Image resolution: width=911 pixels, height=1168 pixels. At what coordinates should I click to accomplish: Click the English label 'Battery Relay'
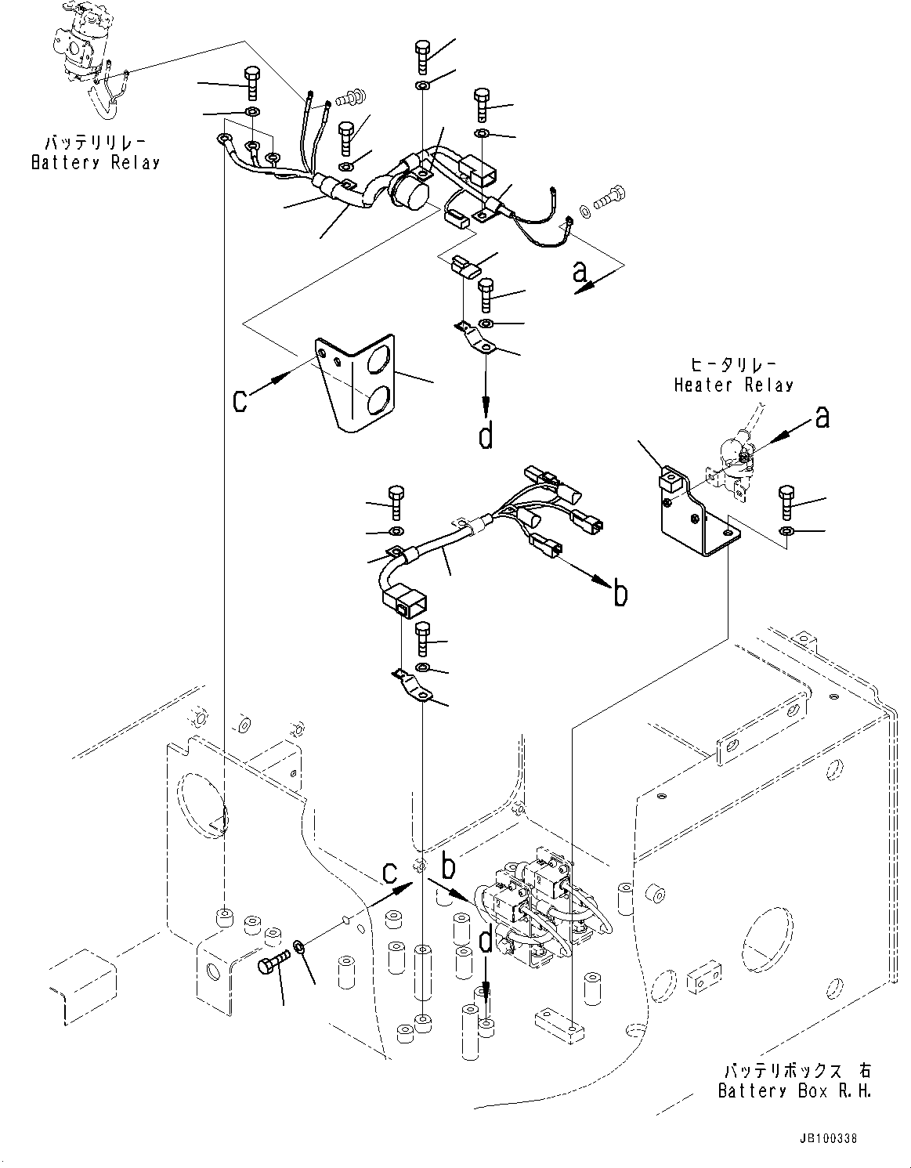96,163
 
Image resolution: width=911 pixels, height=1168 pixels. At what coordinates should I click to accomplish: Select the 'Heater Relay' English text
734,385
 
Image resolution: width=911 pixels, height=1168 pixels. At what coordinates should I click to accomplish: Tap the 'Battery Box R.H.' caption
794,1090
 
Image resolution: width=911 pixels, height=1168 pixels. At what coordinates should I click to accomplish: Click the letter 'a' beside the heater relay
822,418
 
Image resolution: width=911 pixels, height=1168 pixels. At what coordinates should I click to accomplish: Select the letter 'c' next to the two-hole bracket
241,400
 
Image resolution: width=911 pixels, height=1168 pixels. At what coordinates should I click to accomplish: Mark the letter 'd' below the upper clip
486,435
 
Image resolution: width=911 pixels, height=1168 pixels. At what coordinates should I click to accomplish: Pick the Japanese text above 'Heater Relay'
733,365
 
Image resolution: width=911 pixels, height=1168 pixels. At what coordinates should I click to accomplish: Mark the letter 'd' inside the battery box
486,942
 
